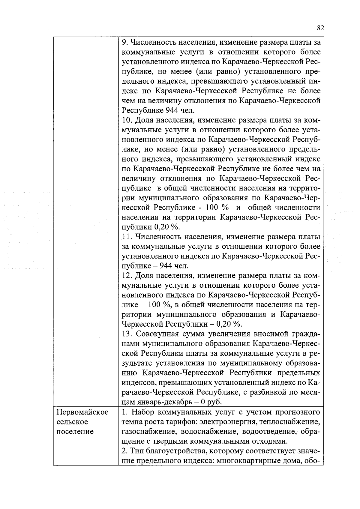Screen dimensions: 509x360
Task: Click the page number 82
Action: [320, 28]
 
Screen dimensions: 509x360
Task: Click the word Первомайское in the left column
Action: [82, 412]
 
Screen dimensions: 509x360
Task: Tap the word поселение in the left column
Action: [75, 432]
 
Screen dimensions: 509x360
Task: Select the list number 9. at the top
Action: [125, 42]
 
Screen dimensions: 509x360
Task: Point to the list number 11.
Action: [128, 237]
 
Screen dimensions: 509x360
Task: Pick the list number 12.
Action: [128, 276]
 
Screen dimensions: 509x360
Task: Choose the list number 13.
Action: [128, 334]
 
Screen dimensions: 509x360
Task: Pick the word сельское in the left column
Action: [72, 422]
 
